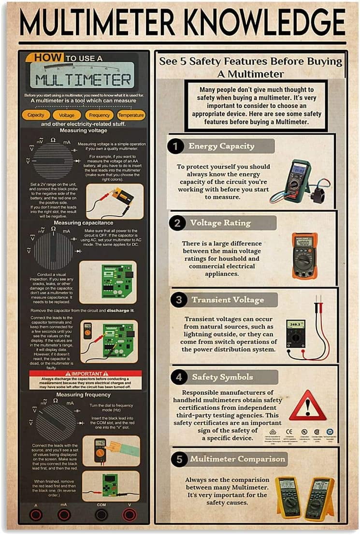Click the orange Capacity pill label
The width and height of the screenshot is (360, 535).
(36, 115)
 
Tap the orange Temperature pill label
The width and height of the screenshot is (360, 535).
(130, 115)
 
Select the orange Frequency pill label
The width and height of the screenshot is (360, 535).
(99, 115)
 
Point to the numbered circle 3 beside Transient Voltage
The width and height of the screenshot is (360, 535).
(179, 300)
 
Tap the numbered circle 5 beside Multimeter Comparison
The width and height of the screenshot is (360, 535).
(179, 459)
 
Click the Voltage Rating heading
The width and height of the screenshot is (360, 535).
(220, 223)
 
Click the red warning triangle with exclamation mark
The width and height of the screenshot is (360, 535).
(307, 406)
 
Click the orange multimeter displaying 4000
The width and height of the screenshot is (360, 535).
(304, 255)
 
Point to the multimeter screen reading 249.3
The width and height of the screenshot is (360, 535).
(295, 324)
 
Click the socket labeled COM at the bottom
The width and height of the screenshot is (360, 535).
(101, 514)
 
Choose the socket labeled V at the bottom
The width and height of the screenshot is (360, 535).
(129, 514)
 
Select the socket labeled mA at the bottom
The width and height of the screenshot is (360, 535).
(64, 514)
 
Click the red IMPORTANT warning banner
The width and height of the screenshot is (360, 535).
(86, 374)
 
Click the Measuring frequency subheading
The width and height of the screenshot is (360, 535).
(76, 395)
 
